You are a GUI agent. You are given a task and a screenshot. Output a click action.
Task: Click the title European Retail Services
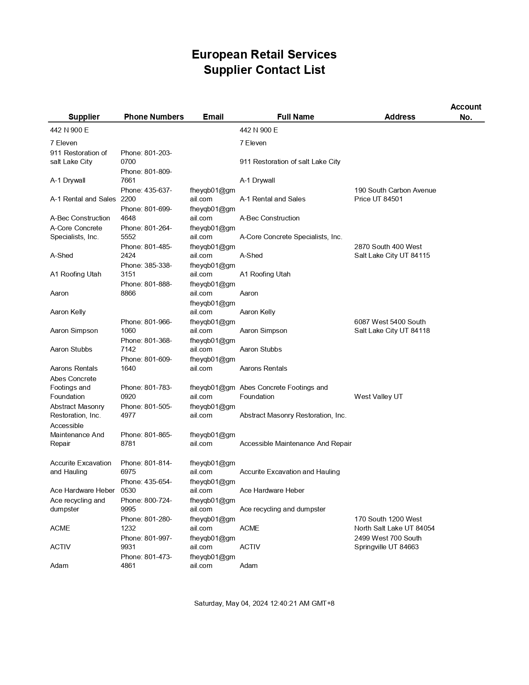pyautogui.click(x=264, y=54)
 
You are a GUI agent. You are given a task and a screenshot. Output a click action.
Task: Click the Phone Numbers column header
pyautogui.click(x=154, y=117)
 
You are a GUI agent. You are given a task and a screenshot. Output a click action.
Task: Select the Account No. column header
pyautogui.click(x=466, y=112)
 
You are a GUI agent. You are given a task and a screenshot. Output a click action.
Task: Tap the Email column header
pyautogui.click(x=213, y=117)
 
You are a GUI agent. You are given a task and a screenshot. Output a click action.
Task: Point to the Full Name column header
pyautogui.click(x=295, y=117)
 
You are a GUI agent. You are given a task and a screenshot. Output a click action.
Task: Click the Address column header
pyautogui.click(x=400, y=117)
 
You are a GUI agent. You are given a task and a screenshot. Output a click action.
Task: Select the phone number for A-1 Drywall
pyautogui.click(x=146, y=176)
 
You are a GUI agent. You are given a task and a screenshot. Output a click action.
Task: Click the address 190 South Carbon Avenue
pyautogui.click(x=395, y=190)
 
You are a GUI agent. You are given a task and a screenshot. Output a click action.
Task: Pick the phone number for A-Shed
pyautogui.click(x=146, y=251)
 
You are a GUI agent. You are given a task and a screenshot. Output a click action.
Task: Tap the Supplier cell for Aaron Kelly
pyautogui.click(x=68, y=312)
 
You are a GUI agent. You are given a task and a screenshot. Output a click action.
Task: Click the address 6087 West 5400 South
pyautogui.click(x=390, y=322)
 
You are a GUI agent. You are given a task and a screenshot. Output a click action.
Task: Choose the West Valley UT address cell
pyautogui.click(x=378, y=396)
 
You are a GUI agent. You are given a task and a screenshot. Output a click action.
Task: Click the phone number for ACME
pyautogui.click(x=146, y=524)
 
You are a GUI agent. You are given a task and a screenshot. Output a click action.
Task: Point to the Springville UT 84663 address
pyautogui.click(x=386, y=547)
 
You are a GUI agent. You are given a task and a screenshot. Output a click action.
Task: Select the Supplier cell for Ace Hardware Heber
pyautogui.click(x=82, y=490)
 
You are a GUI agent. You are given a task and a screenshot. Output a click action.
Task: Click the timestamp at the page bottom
pyautogui.click(x=264, y=603)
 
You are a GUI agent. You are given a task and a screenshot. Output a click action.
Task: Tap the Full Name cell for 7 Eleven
pyautogui.click(x=253, y=143)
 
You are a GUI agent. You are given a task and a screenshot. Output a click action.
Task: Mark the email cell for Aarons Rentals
pyautogui.click(x=212, y=364)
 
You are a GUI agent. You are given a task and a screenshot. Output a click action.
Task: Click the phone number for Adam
pyautogui.click(x=146, y=561)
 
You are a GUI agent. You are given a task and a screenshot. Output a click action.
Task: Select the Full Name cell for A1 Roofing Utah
pyautogui.click(x=265, y=274)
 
